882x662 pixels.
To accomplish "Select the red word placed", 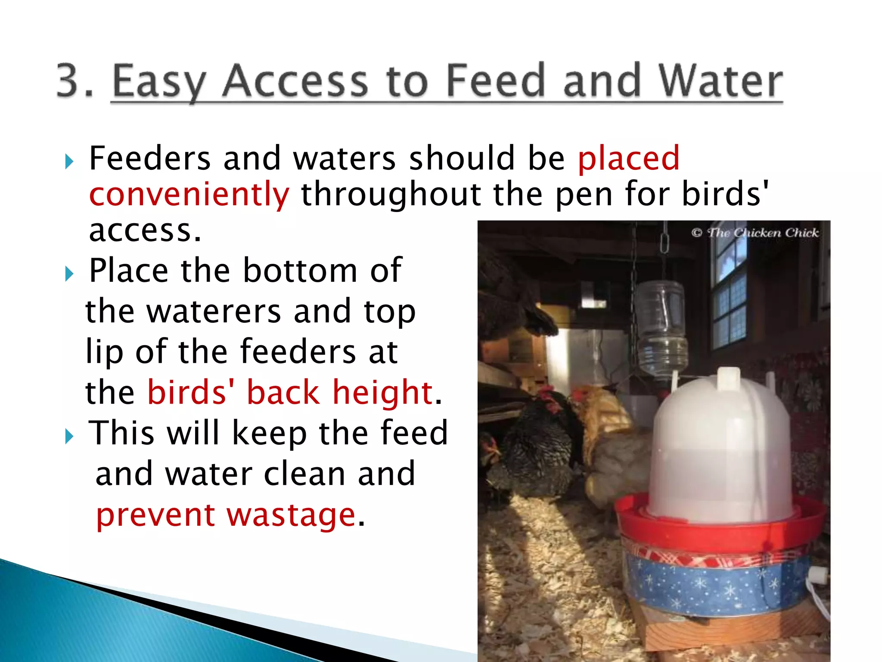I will (628, 159).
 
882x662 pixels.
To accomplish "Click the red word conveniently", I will (189, 194).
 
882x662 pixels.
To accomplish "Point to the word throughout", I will (391, 194).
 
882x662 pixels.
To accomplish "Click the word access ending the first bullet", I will (145, 231).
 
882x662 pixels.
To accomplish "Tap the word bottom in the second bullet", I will (300, 271).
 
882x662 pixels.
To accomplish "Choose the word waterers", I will (214, 311).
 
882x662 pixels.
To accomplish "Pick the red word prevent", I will (155, 515).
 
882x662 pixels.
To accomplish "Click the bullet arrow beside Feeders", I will (69, 162).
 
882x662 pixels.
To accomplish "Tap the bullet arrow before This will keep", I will (69, 436).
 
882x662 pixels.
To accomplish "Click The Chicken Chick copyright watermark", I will (755, 233).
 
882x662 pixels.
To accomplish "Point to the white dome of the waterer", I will (721, 444).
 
